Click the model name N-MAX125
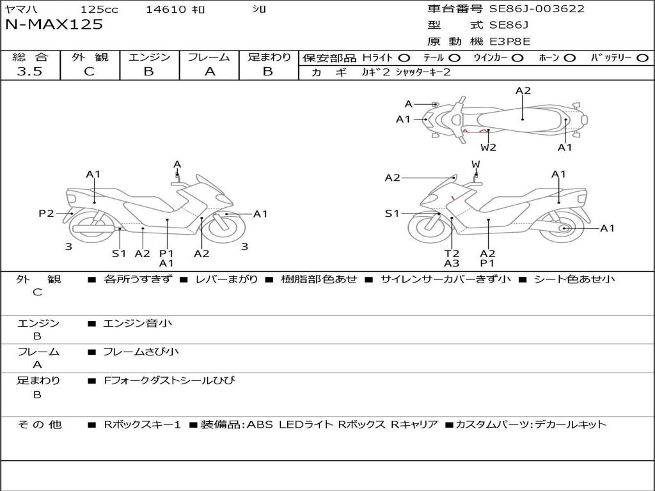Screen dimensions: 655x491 (x=54, y=25)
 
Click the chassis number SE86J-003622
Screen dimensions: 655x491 (x=537, y=9)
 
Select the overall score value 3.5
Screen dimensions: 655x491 (x=29, y=72)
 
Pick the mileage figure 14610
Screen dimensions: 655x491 (x=166, y=10)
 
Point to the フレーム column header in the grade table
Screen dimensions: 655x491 (x=209, y=58)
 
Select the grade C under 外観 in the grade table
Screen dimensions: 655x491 (x=89, y=72)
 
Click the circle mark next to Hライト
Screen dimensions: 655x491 (x=404, y=58)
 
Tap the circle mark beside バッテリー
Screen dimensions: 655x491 (x=642, y=58)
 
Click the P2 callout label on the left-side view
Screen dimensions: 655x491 (x=46, y=214)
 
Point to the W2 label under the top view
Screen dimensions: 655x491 (x=489, y=148)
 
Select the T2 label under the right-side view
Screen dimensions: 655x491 (x=452, y=253)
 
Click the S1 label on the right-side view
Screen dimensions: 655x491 (x=392, y=214)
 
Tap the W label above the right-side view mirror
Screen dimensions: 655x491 (x=475, y=164)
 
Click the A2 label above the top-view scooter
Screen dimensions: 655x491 (x=523, y=91)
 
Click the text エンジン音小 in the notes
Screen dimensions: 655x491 (x=138, y=323)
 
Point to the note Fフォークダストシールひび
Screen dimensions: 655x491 (x=170, y=381)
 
